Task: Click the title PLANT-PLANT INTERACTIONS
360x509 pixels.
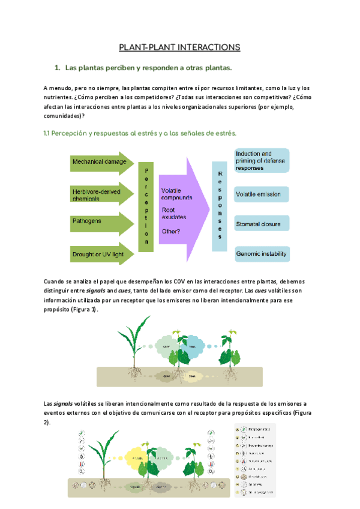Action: pos(179,47)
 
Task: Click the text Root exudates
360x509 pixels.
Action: pos(174,213)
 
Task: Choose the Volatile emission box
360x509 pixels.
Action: pos(262,194)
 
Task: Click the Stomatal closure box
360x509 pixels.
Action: pos(262,224)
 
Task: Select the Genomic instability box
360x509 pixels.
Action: pos(262,254)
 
